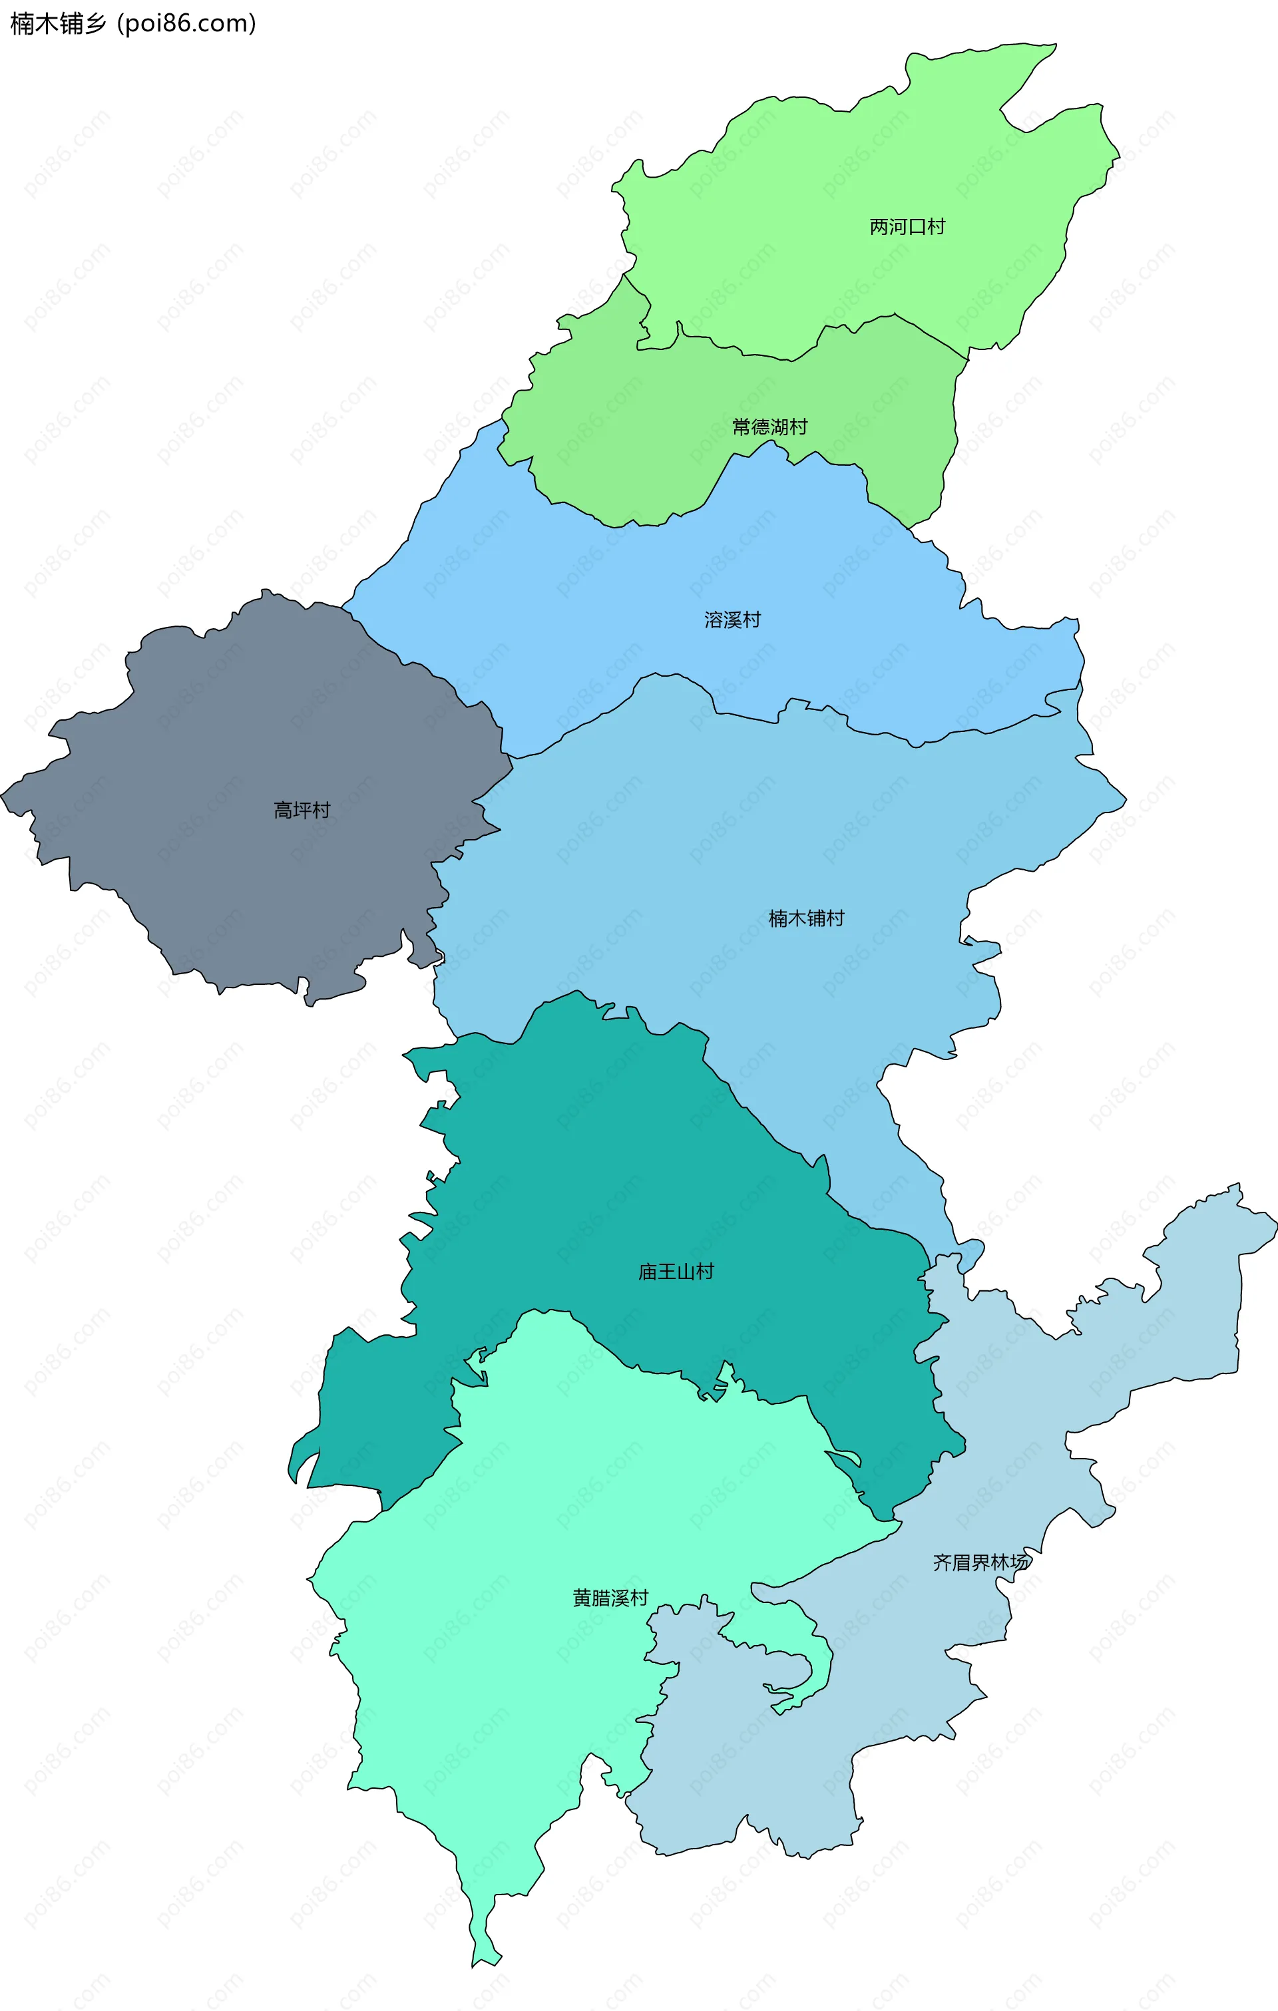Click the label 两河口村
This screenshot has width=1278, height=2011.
[x=907, y=226]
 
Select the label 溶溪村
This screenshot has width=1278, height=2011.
[x=733, y=620]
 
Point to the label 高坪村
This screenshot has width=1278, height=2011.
[x=302, y=810]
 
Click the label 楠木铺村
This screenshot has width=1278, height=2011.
[x=806, y=918]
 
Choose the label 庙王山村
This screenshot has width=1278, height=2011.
[x=676, y=1272]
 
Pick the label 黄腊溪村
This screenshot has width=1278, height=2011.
[x=610, y=1598]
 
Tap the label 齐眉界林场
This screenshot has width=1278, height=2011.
[x=980, y=1562]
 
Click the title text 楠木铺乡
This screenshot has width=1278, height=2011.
[x=59, y=23]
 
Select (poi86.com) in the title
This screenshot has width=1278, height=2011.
[x=186, y=23]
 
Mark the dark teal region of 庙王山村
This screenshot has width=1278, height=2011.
[x=584, y=1169]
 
